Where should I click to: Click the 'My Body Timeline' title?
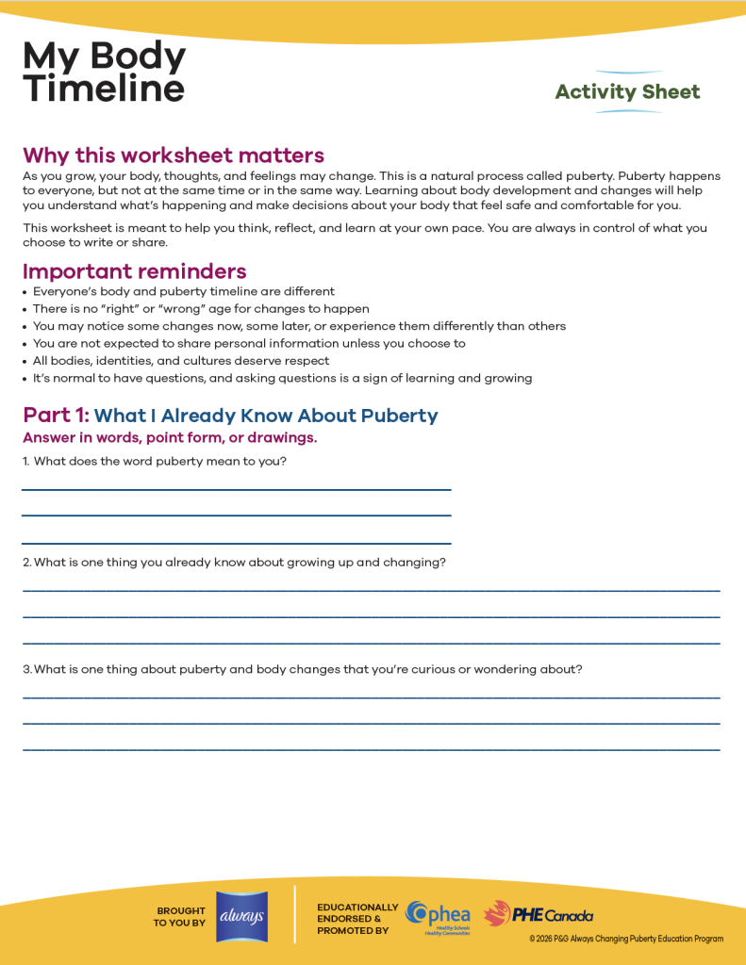tap(104, 73)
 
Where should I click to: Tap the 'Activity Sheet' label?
tap(627, 91)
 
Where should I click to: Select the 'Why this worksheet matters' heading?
tap(174, 155)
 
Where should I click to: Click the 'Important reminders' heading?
tap(135, 272)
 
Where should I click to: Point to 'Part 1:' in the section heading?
tap(56, 416)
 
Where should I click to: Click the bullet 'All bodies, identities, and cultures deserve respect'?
tap(181, 361)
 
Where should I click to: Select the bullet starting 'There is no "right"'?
tap(201, 309)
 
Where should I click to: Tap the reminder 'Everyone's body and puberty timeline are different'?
tap(184, 292)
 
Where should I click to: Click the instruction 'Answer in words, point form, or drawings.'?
tap(170, 438)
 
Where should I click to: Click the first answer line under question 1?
tap(236, 489)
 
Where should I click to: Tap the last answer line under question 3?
tap(371, 749)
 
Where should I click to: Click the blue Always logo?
tap(241, 916)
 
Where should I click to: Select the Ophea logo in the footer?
tap(438, 916)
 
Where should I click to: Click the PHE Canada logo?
tap(539, 915)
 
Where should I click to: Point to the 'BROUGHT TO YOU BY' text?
tap(180, 917)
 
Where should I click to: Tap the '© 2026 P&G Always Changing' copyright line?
tap(626, 939)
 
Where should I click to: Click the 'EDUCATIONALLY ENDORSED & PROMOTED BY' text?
tap(357, 919)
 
